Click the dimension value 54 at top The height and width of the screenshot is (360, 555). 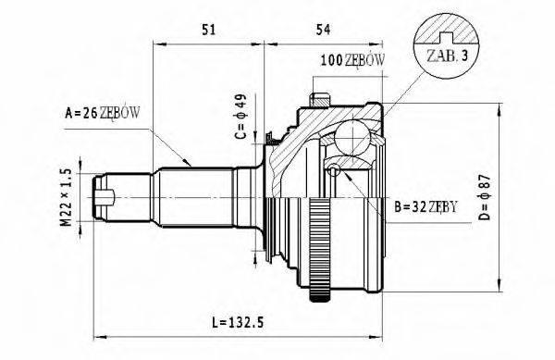[x=322, y=30]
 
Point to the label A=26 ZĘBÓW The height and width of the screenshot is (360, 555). [x=103, y=114]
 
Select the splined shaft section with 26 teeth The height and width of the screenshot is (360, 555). [x=194, y=197]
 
